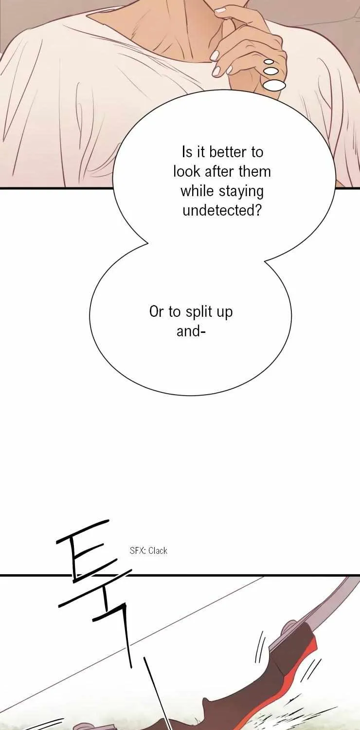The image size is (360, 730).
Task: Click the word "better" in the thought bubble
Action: [x=228, y=152]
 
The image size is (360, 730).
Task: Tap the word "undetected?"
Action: [x=222, y=210]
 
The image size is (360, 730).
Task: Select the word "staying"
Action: [x=241, y=192]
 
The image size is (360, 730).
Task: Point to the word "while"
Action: [x=198, y=191]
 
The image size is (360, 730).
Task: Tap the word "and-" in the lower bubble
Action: [x=191, y=331]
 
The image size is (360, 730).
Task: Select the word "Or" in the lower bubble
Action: [x=156, y=312]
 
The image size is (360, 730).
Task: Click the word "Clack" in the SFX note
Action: [x=158, y=551]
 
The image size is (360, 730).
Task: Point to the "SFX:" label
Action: [x=138, y=551]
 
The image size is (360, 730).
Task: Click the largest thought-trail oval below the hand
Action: [x=274, y=85]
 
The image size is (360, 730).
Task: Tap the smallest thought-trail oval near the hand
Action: [x=269, y=61]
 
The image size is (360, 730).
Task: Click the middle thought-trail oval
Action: [x=271, y=71]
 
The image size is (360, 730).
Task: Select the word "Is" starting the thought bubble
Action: [x=187, y=152]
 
